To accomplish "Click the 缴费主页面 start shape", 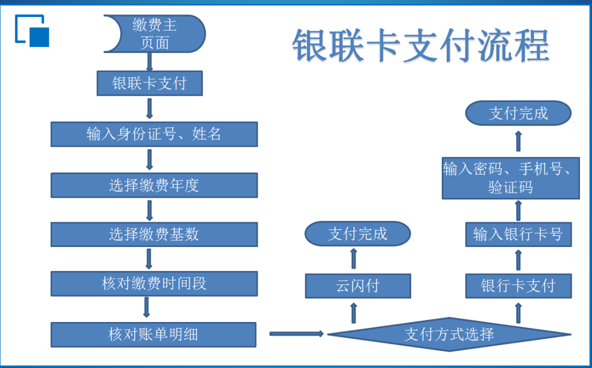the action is click(x=155, y=33).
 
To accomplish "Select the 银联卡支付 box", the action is click(x=150, y=83).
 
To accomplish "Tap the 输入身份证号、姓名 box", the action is click(x=154, y=134).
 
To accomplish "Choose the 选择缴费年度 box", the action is click(x=154, y=185).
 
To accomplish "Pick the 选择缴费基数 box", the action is click(x=154, y=234).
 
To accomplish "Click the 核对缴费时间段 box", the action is click(x=154, y=284).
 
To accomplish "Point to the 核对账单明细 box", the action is click(x=153, y=335).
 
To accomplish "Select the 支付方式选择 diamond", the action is click(x=449, y=335).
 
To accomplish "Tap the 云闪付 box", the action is click(x=358, y=286).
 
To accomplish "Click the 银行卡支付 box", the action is click(x=519, y=286).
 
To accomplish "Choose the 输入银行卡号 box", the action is click(x=519, y=234).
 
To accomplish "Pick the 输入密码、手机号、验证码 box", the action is click(x=511, y=178).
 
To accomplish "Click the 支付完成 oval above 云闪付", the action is click(x=357, y=234).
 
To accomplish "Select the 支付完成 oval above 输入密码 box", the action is click(x=519, y=113).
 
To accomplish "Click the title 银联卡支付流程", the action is click(x=421, y=45).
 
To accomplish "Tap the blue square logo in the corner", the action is click(x=32, y=31).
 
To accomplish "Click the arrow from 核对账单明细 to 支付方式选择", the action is click(x=297, y=334).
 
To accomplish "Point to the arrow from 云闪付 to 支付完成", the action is click(x=354, y=258).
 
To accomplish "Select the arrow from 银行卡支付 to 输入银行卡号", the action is click(x=519, y=260).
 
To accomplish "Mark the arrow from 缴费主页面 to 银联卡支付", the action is click(x=150, y=62).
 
